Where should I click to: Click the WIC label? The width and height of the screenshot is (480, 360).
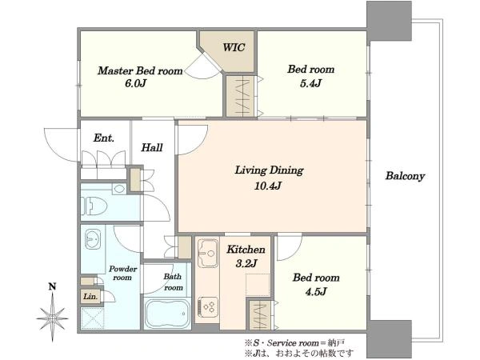click(x=234, y=47)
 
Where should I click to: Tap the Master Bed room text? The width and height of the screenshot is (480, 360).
click(x=140, y=70)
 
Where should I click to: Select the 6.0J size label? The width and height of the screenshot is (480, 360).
click(x=135, y=83)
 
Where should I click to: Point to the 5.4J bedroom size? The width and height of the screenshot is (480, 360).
click(x=310, y=83)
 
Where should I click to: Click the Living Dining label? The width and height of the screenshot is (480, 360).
click(x=269, y=170)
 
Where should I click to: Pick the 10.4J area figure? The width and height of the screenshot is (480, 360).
click(x=267, y=186)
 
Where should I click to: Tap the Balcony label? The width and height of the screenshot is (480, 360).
click(x=405, y=176)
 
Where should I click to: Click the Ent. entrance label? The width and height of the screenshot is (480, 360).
click(x=104, y=138)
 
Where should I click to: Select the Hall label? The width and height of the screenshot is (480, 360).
click(x=152, y=148)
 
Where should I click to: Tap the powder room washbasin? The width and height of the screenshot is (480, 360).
click(x=93, y=238)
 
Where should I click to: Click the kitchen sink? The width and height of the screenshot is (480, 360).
click(x=208, y=253)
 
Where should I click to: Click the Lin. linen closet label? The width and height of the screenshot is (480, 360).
click(x=90, y=297)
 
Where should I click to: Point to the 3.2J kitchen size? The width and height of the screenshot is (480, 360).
click(x=246, y=263)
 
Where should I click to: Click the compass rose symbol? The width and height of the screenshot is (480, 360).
click(x=52, y=318)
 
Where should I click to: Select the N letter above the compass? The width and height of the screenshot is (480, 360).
click(x=52, y=287)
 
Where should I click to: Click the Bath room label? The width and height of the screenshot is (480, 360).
click(x=173, y=282)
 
